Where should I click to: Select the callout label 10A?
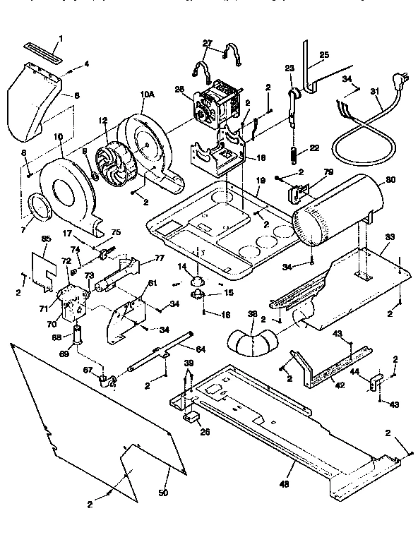[x=146, y=93]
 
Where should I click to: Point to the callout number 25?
[x=324, y=54]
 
